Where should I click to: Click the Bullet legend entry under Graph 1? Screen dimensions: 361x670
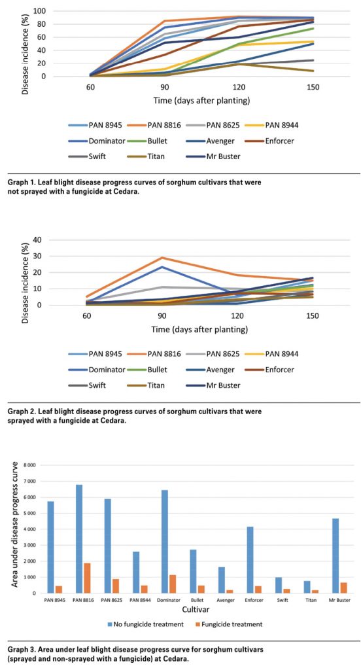click(146, 141)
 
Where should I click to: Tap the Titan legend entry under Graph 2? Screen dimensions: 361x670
click(146, 385)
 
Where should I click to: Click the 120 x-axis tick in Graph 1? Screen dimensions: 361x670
click(239, 87)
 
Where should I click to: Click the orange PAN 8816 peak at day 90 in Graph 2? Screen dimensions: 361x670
click(162, 258)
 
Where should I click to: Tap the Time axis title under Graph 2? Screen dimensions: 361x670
click(199, 330)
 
